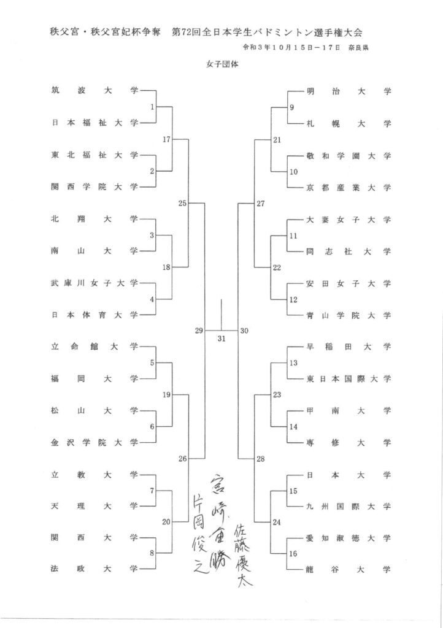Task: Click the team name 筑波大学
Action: click(95, 91)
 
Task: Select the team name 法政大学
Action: click(95, 569)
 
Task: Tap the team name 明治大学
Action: click(349, 91)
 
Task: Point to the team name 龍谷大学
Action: click(349, 569)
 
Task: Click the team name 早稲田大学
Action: click(349, 347)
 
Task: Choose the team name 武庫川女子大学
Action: click(95, 283)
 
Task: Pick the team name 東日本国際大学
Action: click(349, 378)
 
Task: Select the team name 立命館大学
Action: click(95, 347)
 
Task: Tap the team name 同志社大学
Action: click(349, 251)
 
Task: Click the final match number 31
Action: click(221, 339)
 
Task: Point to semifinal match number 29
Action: click(199, 331)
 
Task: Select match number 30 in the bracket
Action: click(244, 331)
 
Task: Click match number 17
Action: click(167, 139)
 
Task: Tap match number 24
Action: click(277, 523)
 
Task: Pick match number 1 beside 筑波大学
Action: click(152, 107)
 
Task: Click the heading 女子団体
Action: click(222, 64)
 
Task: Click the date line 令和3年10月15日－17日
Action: click(291, 47)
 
